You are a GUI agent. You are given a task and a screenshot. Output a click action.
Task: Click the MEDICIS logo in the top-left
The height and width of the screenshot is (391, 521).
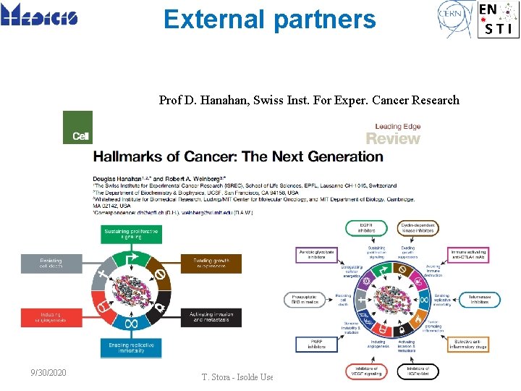(x=40, y=15)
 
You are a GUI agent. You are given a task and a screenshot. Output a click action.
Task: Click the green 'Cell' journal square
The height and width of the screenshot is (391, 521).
(x=78, y=127)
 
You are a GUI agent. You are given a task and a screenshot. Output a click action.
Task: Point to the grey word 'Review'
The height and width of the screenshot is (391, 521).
(x=393, y=138)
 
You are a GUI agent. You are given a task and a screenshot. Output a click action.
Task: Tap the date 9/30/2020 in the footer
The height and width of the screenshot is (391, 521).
(x=49, y=373)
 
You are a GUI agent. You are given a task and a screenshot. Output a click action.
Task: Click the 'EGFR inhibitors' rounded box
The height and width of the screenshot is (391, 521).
(x=365, y=229)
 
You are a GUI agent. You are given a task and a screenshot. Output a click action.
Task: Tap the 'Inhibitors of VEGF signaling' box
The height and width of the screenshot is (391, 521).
(x=365, y=371)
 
